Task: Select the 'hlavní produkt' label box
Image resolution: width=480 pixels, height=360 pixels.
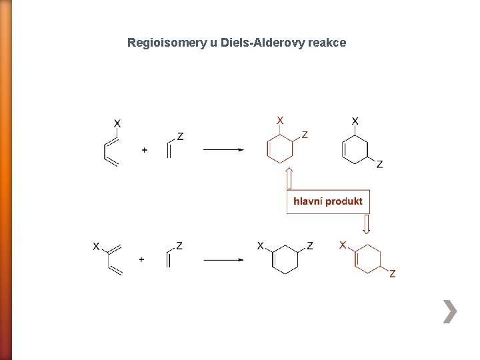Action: coord(327,201)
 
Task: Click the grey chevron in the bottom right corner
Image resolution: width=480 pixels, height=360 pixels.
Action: coord(451,311)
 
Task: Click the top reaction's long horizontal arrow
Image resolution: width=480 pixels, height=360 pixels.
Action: coord(223,150)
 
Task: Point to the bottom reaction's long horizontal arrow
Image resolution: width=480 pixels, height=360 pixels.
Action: coord(223,259)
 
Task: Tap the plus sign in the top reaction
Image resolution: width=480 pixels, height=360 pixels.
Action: coord(145,151)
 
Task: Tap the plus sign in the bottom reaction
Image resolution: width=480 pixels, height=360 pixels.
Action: coord(141,259)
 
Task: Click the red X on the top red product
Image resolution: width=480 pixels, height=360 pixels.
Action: coord(280,120)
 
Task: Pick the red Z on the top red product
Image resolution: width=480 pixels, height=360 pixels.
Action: coord(305,135)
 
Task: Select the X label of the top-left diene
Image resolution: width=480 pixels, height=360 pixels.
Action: coord(117,123)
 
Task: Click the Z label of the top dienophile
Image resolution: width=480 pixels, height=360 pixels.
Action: coord(180,137)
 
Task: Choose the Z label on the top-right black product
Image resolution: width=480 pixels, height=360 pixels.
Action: coord(379,164)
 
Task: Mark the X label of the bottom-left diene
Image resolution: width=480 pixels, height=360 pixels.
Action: coord(96,247)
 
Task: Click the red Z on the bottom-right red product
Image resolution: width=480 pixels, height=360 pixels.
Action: coord(392,273)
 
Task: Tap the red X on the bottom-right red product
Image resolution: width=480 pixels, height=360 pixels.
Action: coord(343,245)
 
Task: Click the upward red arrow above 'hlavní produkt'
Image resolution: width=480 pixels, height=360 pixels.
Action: coord(290,179)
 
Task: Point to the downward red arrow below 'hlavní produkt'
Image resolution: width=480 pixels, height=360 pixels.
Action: coord(365,224)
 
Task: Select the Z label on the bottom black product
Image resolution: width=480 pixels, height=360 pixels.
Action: coord(310,246)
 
